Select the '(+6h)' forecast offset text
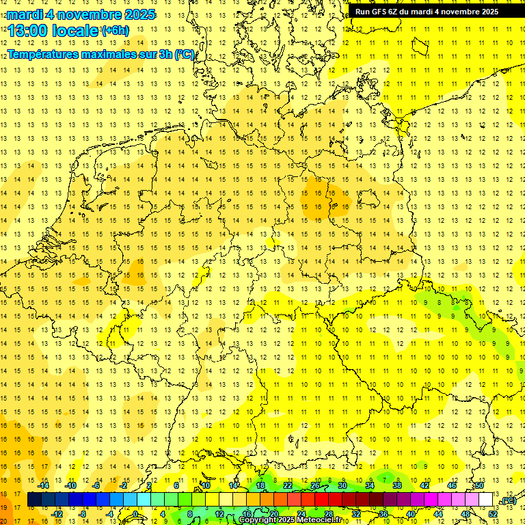(x=114, y=31)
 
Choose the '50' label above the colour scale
(x=479, y=485)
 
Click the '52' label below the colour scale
(x=493, y=514)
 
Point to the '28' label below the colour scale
(x=328, y=514)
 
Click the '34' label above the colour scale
(x=369, y=485)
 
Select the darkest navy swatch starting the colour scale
(x=34, y=500)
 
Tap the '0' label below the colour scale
(x=135, y=514)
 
